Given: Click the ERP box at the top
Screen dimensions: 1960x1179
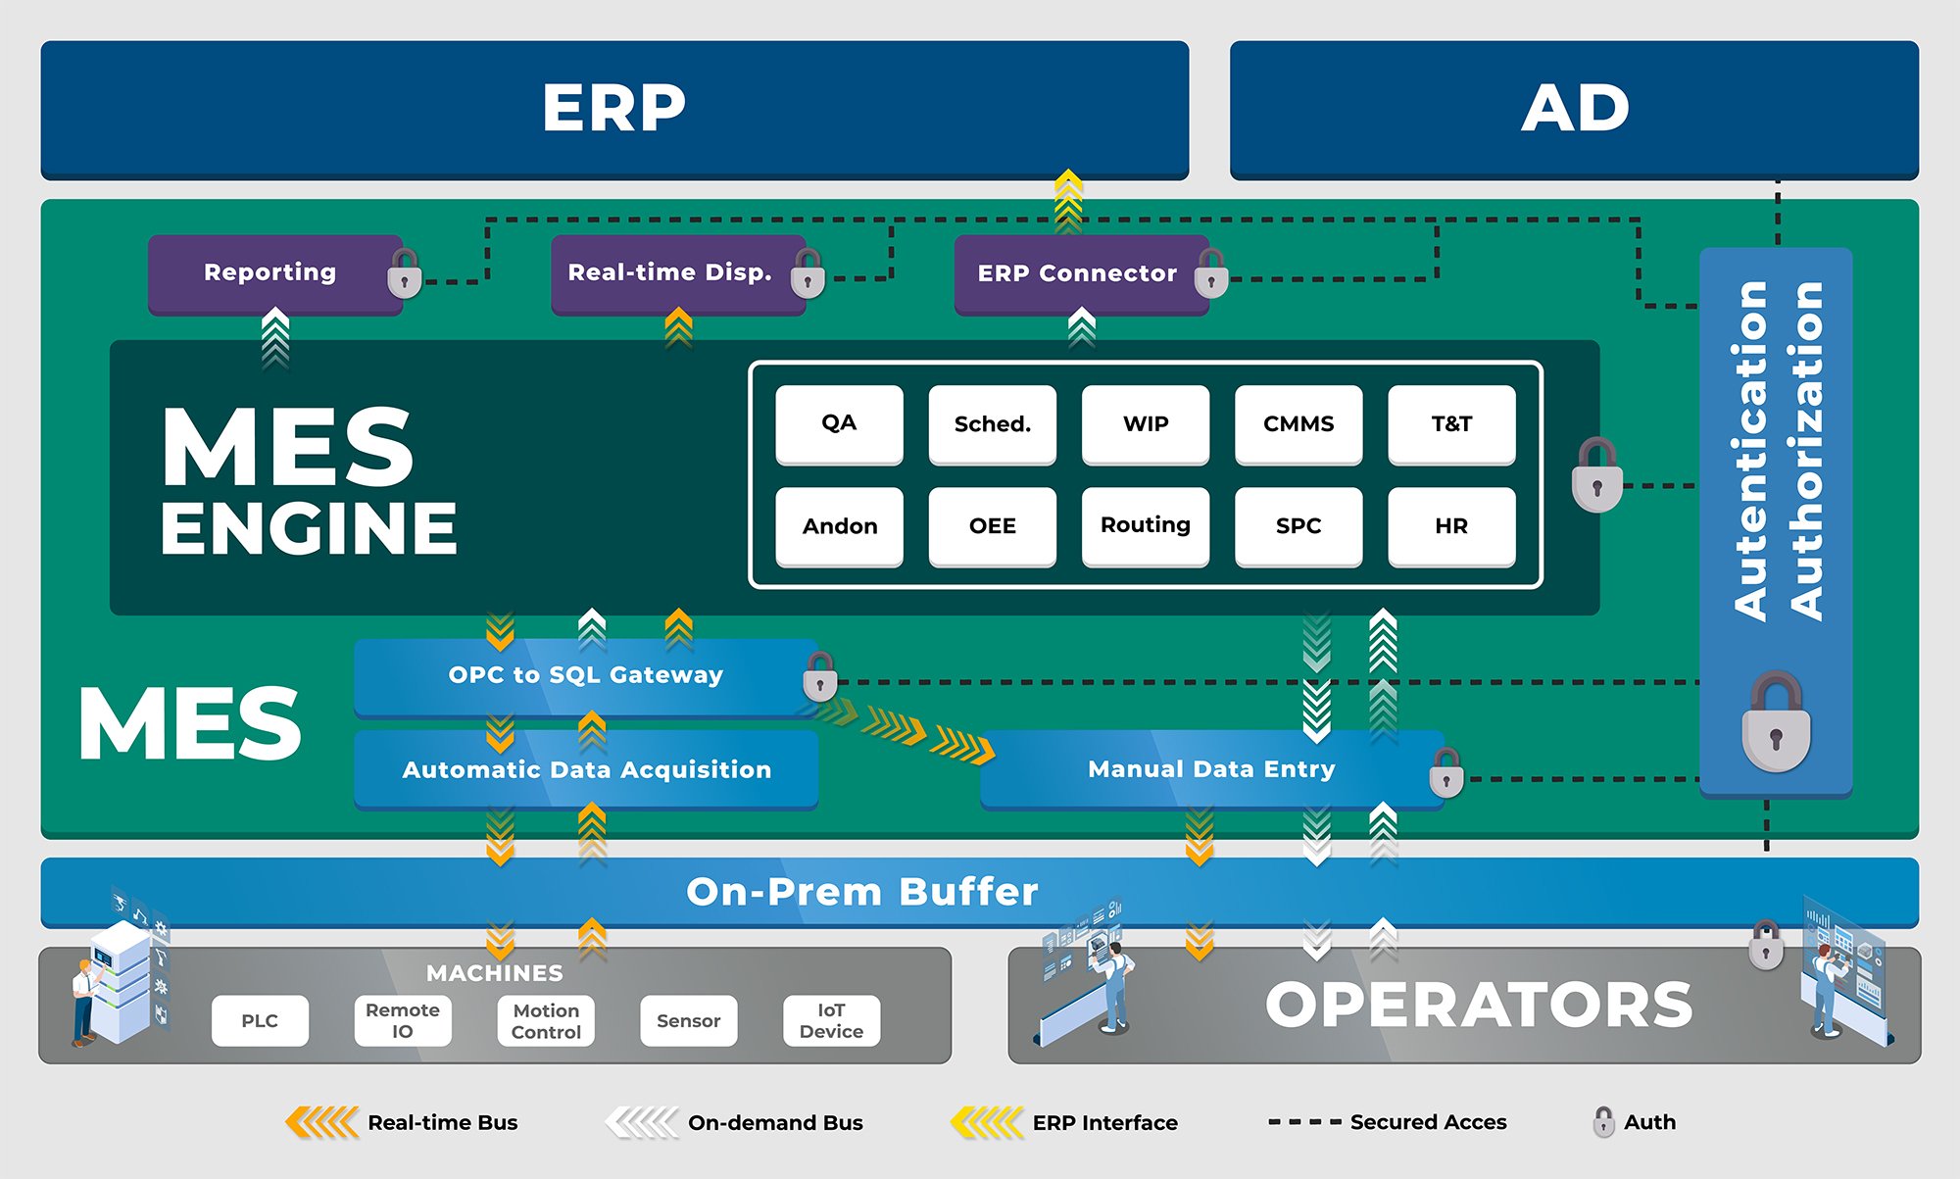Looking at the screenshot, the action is pos(614,109).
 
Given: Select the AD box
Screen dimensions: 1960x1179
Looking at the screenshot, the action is pos(1574,109).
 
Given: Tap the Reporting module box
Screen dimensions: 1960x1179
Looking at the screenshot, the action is pos(274,273).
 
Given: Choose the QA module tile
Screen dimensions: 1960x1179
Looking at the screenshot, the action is pos(839,423).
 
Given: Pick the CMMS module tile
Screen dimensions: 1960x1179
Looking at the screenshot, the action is pos(1298,423).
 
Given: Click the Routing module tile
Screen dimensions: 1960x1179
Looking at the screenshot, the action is pos(1146,525).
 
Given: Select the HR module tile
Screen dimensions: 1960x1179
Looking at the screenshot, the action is pos(1451,525).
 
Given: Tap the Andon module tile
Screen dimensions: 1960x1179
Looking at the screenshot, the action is pos(839,525).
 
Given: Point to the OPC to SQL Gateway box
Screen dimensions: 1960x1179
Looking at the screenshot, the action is pos(586,676).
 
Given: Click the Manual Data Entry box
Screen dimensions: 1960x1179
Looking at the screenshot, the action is pos(1211,770).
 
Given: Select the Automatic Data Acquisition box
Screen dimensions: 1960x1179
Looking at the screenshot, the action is pos(586,770).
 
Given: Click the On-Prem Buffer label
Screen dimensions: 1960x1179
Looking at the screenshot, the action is pos(861,892).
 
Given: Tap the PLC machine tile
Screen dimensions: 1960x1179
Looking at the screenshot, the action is pos(260,1020).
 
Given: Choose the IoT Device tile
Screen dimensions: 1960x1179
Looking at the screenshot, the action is pos(831,1020).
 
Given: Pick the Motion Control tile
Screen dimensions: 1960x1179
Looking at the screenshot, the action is pos(546,1020).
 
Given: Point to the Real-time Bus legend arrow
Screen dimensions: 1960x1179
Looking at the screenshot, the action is pos(321,1122).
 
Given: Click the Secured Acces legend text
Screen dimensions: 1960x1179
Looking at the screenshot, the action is pos(1428,1122).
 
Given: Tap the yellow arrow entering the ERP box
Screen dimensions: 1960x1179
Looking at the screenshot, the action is pos(1068,201).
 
